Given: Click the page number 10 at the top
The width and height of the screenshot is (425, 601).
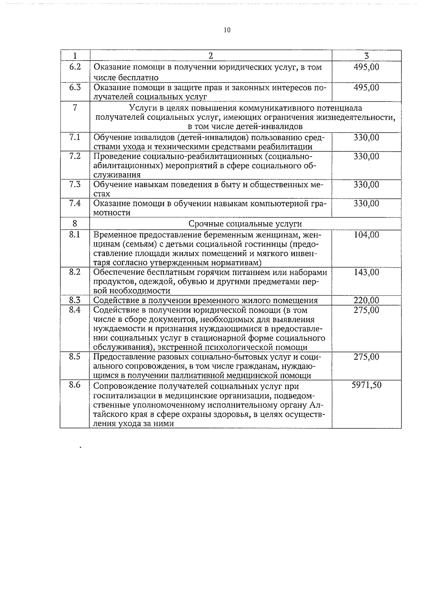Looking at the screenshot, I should [227, 30].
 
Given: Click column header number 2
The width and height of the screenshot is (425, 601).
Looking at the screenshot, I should [211, 56].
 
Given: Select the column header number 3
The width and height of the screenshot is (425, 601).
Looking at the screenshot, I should [367, 56].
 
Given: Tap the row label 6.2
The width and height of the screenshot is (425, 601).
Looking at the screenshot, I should [75, 67].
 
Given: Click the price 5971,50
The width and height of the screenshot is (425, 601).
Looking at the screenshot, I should [367, 385].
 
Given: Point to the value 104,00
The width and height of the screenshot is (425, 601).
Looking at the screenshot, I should [367, 235].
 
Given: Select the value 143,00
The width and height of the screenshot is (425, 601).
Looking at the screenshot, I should [367, 272].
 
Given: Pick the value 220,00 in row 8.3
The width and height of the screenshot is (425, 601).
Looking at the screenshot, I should [367, 300].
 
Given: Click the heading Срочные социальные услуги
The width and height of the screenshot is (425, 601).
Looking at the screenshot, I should [245, 224].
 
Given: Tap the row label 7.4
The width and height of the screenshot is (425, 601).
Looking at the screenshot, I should [75, 203].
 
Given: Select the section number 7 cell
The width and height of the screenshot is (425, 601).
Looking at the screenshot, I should [75, 108].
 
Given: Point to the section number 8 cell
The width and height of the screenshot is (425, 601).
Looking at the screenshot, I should [75, 224].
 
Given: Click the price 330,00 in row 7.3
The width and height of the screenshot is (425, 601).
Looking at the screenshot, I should [367, 185].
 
